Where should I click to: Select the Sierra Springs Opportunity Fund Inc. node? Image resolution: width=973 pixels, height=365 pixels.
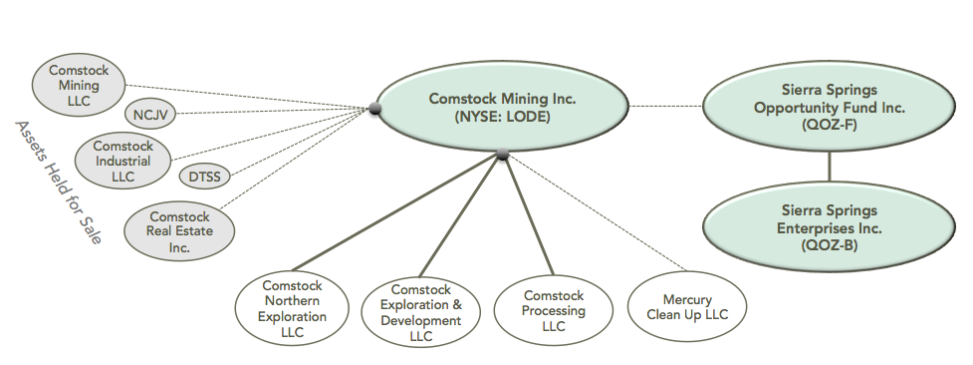pos(830,107)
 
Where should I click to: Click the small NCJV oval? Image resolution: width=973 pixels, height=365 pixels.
pos(149,115)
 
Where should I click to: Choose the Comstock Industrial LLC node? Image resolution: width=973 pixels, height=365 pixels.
pos(124,161)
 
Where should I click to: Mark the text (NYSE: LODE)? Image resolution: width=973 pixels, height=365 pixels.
pos(503,118)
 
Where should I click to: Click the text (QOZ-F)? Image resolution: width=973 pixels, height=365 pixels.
pos(830,126)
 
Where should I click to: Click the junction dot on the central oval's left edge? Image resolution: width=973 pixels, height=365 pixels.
pos(375,109)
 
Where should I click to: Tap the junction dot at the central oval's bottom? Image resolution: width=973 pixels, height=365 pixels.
pos(502,154)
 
